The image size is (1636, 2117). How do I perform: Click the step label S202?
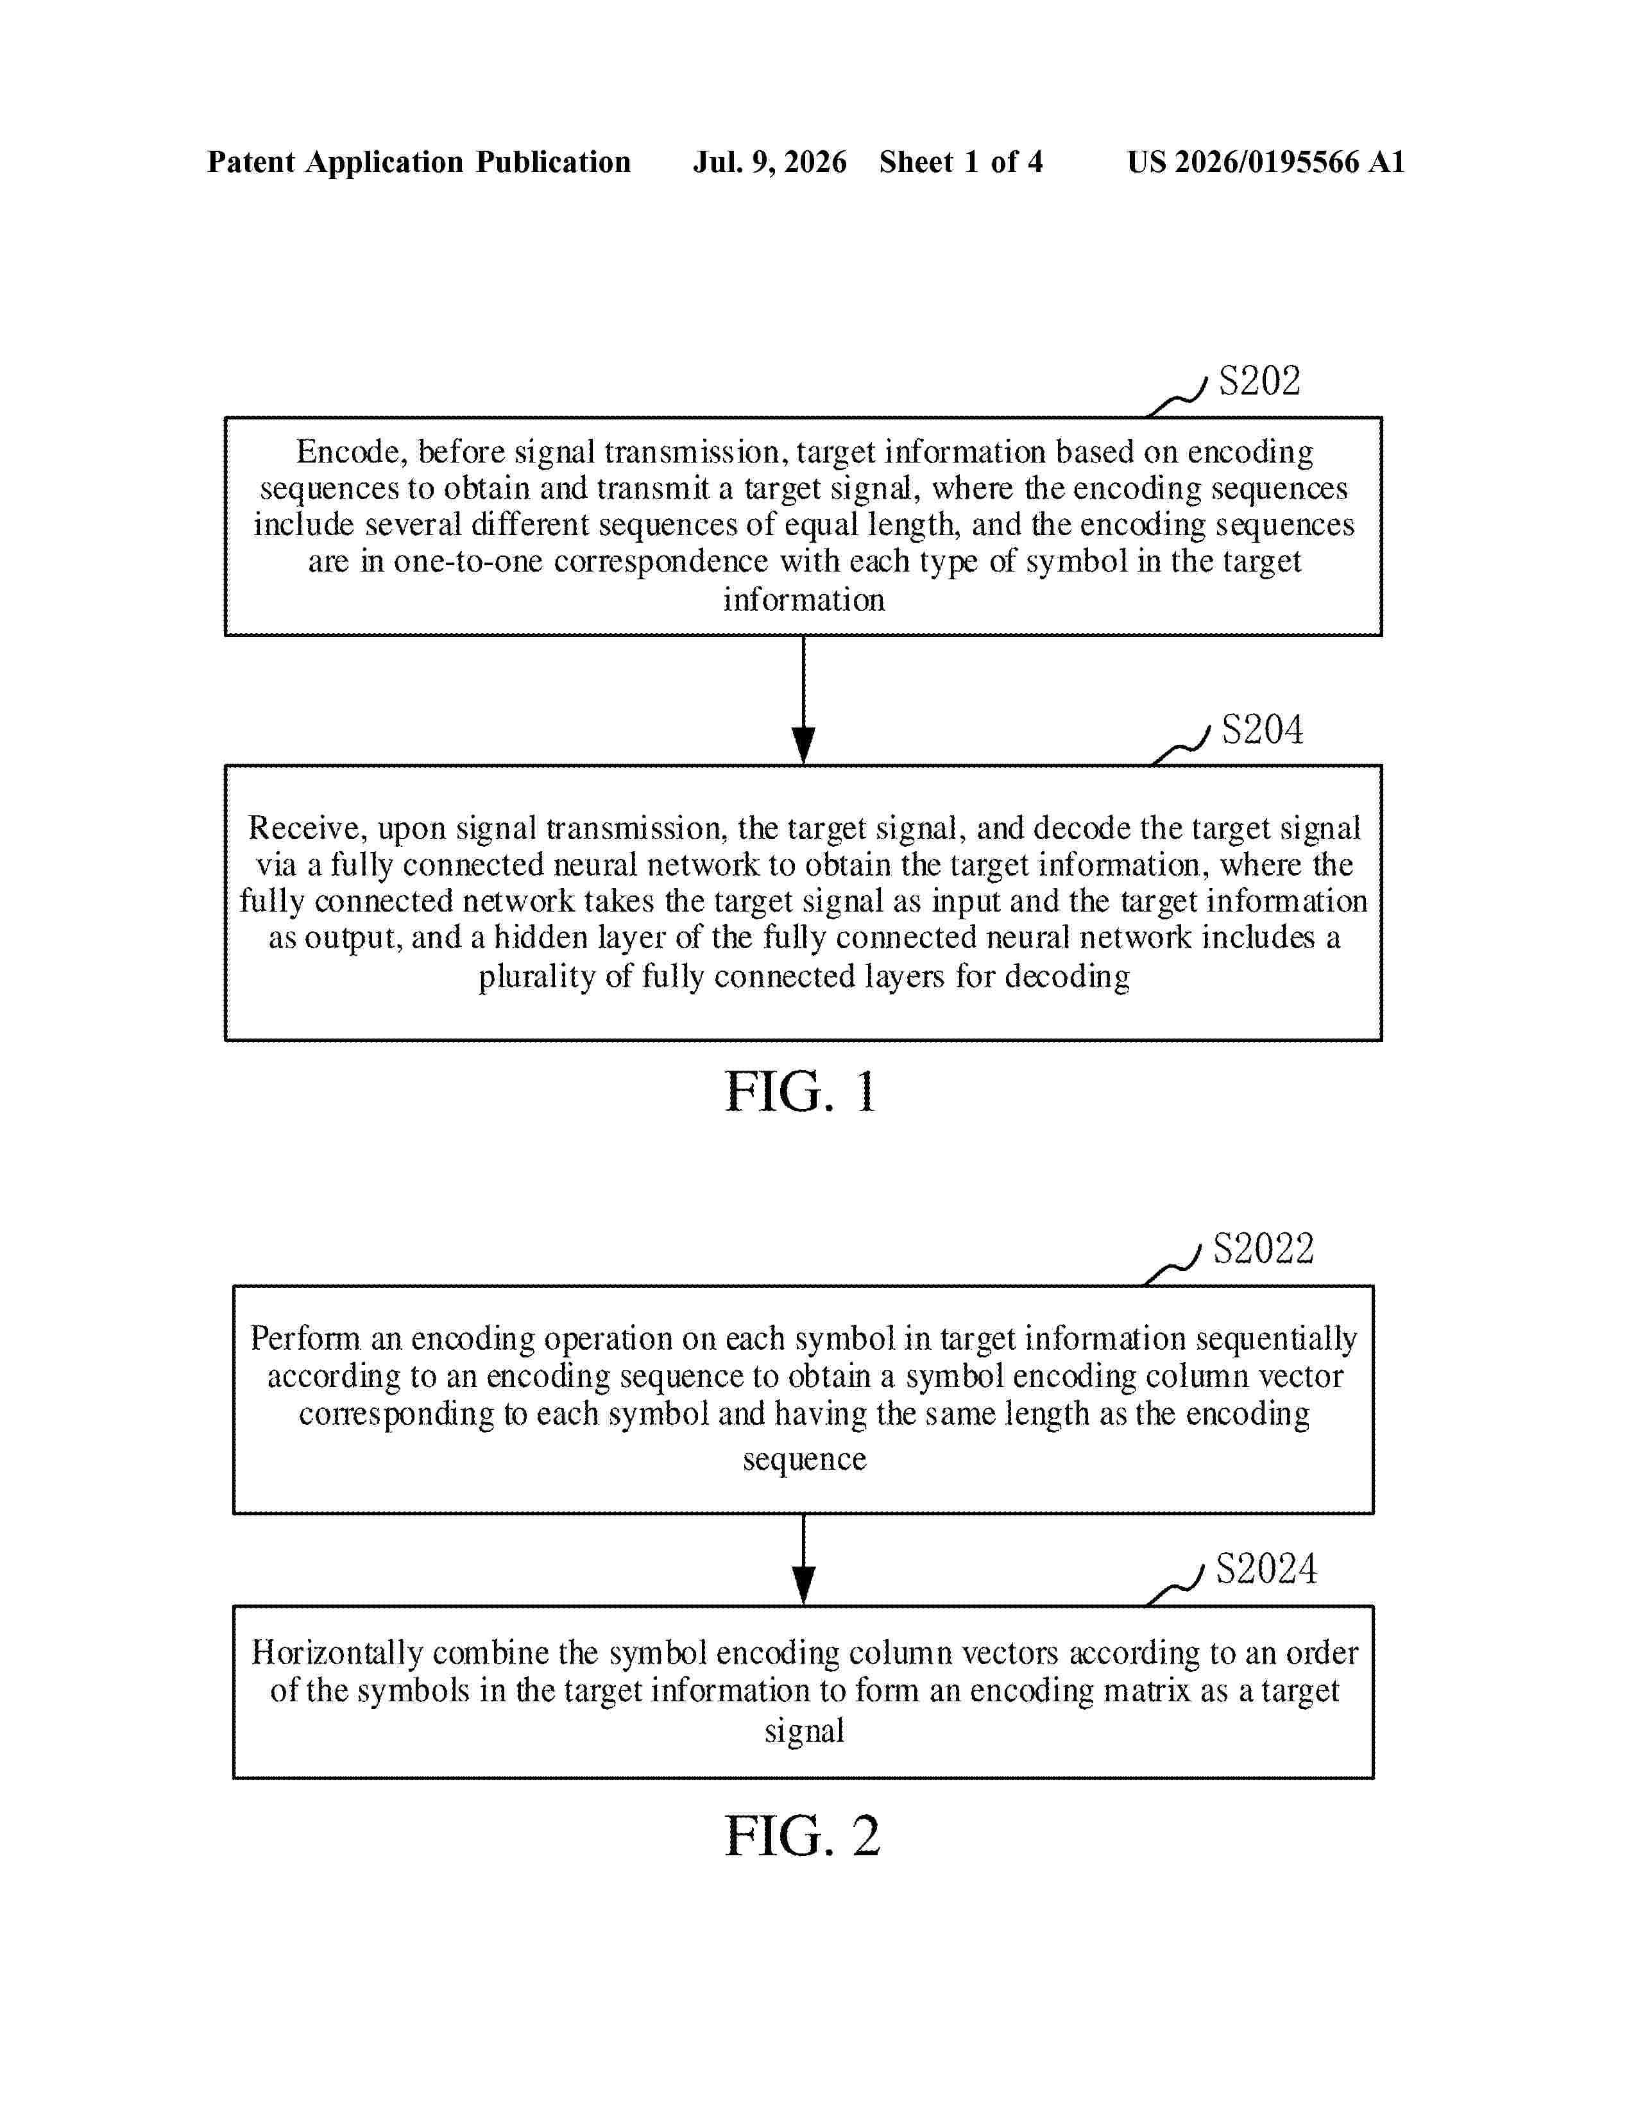[1259, 381]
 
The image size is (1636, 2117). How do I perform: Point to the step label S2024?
[1266, 1569]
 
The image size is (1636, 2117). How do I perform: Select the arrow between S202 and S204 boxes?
[803, 700]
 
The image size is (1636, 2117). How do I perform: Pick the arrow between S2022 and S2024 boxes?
[803, 1560]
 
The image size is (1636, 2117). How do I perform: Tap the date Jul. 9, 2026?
[769, 162]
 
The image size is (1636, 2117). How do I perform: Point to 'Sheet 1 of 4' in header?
[960, 162]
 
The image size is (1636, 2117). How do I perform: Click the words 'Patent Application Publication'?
[419, 162]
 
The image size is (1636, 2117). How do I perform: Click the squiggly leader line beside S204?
[1180, 745]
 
